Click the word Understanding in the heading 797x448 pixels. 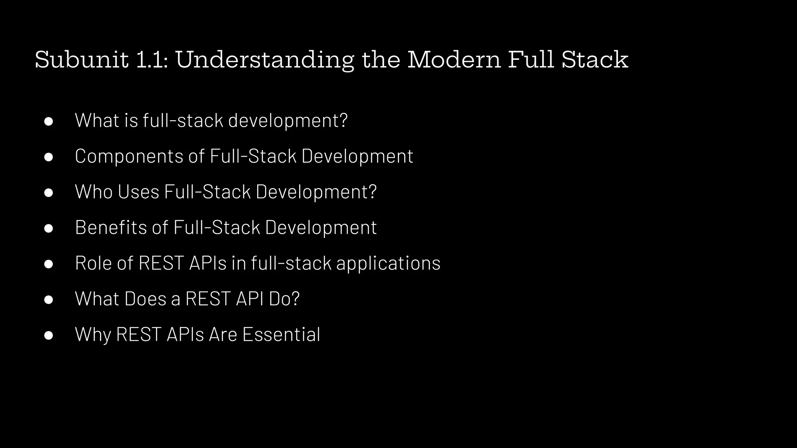tap(265, 60)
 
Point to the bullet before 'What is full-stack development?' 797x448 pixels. tap(49, 121)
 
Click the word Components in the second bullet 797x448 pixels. tap(129, 156)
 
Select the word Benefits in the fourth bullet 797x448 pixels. tap(111, 227)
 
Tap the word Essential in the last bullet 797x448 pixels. tap(281, 334)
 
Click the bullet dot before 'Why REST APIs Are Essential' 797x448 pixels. tap(49, 335)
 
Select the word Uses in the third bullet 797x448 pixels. tap(139, 192)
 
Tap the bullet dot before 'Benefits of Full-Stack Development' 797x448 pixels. tap(49, 228)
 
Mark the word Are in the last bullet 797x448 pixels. tap(223, 334)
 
